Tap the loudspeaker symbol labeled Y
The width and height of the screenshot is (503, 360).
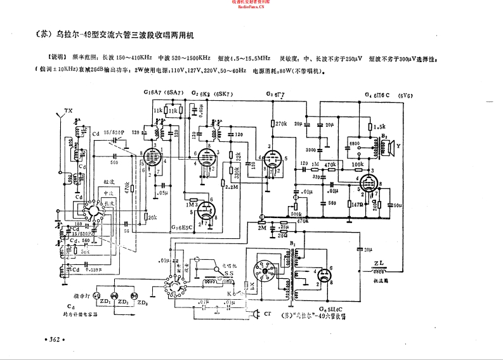click(391, 145)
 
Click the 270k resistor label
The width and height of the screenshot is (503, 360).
click(280, 125)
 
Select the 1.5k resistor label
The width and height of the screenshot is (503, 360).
click(380, 125)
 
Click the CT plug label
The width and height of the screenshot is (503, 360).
click(268, 314)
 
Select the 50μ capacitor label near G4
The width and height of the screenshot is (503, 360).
click(398, 205)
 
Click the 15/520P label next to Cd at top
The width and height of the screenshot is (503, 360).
click(114, 132)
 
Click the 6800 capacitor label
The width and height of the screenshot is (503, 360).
click(355, 145)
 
